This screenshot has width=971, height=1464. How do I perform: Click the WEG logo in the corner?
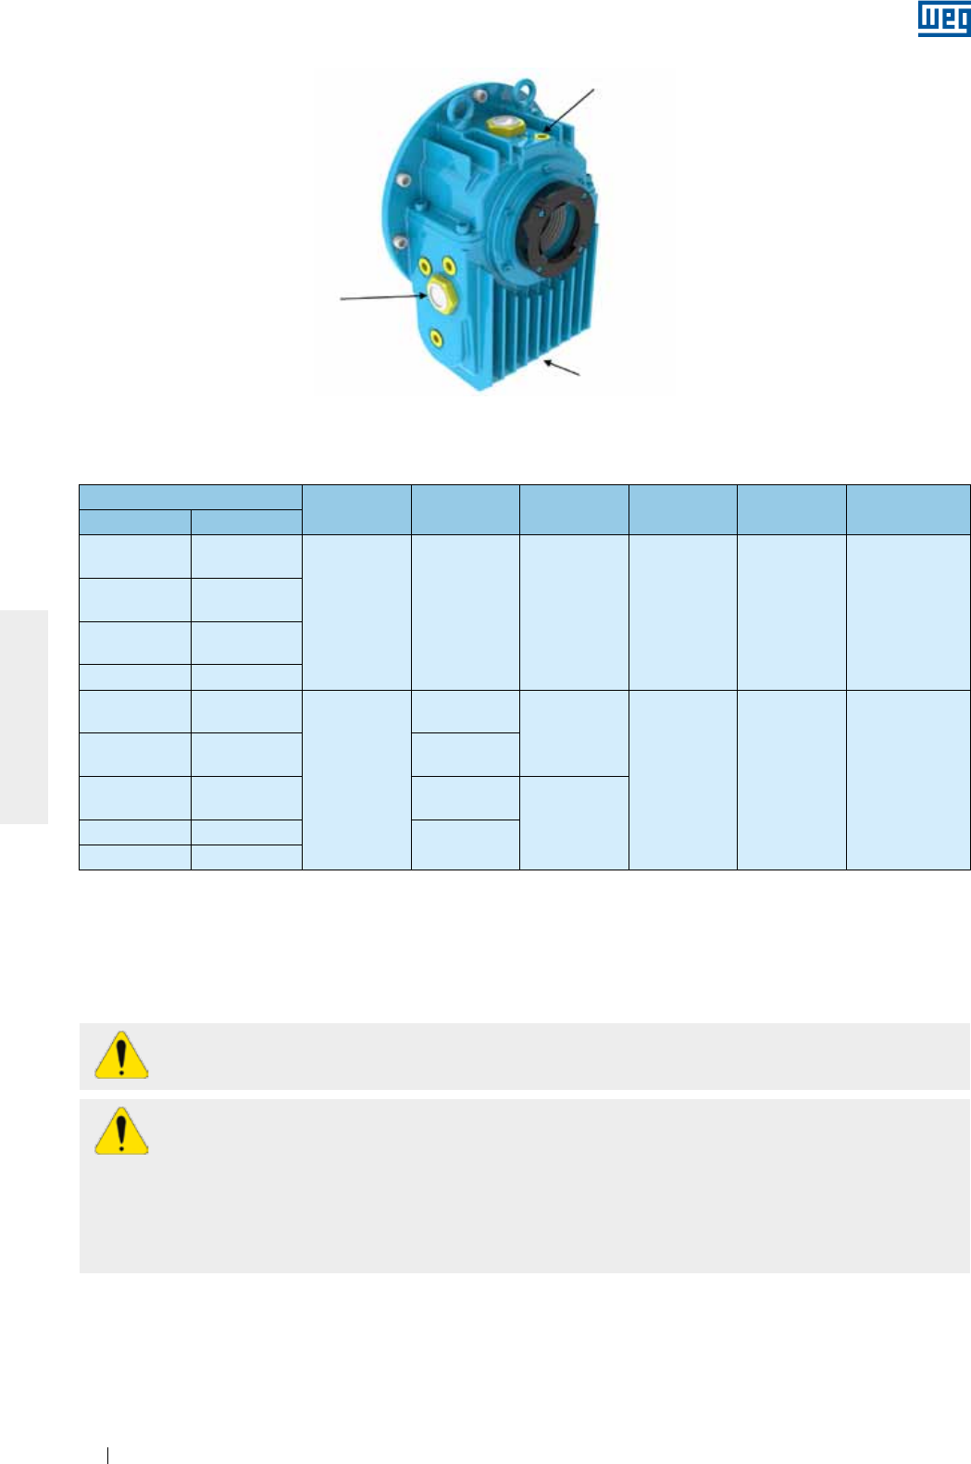943,19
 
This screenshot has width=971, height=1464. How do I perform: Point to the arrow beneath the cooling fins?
562,368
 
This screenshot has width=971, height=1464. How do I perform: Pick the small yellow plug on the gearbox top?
542,137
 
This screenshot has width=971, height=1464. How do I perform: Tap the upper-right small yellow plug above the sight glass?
448,267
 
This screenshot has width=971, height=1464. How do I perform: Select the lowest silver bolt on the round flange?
400,243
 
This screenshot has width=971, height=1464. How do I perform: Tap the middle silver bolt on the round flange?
401,180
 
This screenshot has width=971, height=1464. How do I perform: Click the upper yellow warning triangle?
121,1055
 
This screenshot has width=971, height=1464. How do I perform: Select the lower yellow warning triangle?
121,1131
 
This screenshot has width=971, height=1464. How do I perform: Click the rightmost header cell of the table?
907,509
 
